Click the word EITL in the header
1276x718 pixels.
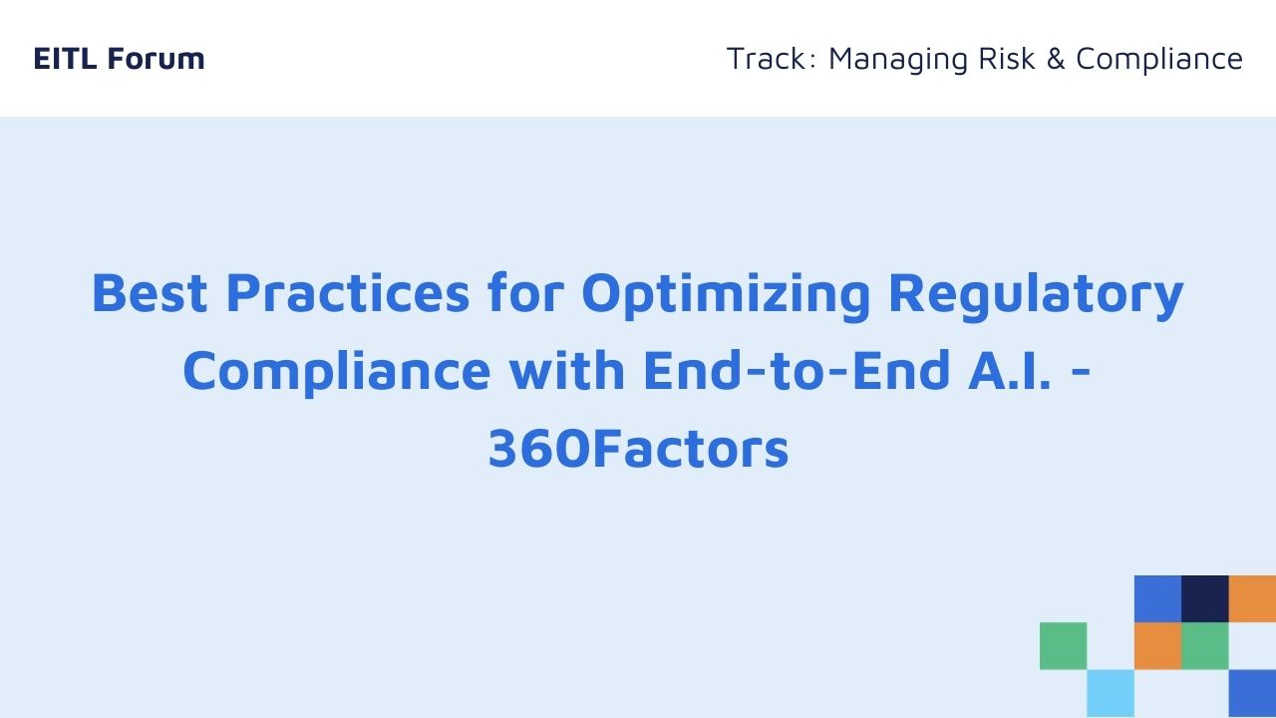65,58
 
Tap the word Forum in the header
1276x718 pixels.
157,58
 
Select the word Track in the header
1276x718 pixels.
767,58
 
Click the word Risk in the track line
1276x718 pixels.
1007,58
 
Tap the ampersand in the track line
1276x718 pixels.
1056,58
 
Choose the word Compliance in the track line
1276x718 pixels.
1159,60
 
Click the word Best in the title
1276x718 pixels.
150,293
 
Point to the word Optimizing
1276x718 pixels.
726,296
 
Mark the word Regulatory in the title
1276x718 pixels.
1036,296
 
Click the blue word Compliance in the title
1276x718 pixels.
337,373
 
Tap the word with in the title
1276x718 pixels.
567,370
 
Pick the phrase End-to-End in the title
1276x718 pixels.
797,370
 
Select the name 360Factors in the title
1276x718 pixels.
639,449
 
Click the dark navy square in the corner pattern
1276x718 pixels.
1205,599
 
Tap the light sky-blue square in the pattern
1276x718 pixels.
1111,693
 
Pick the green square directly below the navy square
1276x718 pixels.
1205,646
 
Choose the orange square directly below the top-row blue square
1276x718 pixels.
1157,646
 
